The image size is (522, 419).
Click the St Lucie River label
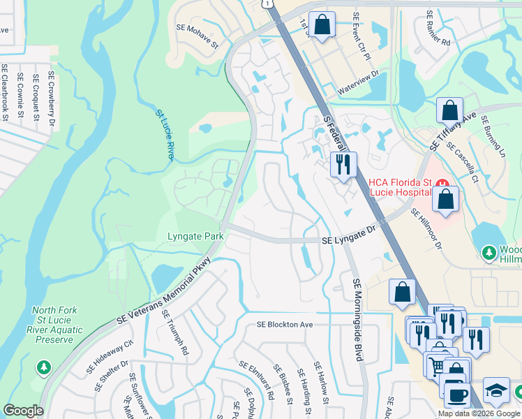164,132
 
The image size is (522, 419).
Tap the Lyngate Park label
195,237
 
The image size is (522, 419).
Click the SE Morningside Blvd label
357,319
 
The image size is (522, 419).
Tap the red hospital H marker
441,184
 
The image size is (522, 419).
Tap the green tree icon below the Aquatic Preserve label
44,367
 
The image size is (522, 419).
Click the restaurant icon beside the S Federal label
343,165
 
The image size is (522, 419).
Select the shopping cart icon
436,365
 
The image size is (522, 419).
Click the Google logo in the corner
23,411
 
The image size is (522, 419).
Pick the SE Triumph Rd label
176,332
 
